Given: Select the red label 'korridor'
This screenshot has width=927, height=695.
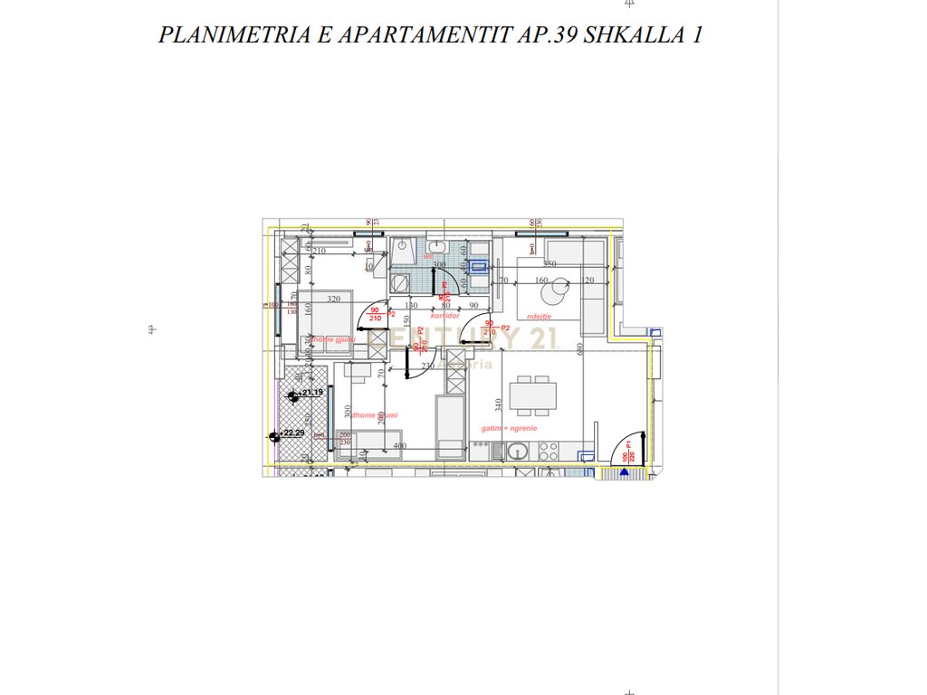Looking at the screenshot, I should coord(445,316).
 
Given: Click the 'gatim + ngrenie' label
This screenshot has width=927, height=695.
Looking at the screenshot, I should coord(510,428).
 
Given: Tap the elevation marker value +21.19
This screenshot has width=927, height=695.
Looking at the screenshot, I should coord(312,393).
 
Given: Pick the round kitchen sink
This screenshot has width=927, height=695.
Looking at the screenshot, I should coord(518,450).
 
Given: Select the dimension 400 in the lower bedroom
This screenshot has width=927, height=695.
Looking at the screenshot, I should coord(400,445).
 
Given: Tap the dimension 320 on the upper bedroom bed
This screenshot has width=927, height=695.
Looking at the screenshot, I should coord(333,300).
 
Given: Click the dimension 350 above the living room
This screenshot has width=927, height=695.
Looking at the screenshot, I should coord(550,264).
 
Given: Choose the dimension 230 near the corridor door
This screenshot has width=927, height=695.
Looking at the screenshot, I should coord(428,367).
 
